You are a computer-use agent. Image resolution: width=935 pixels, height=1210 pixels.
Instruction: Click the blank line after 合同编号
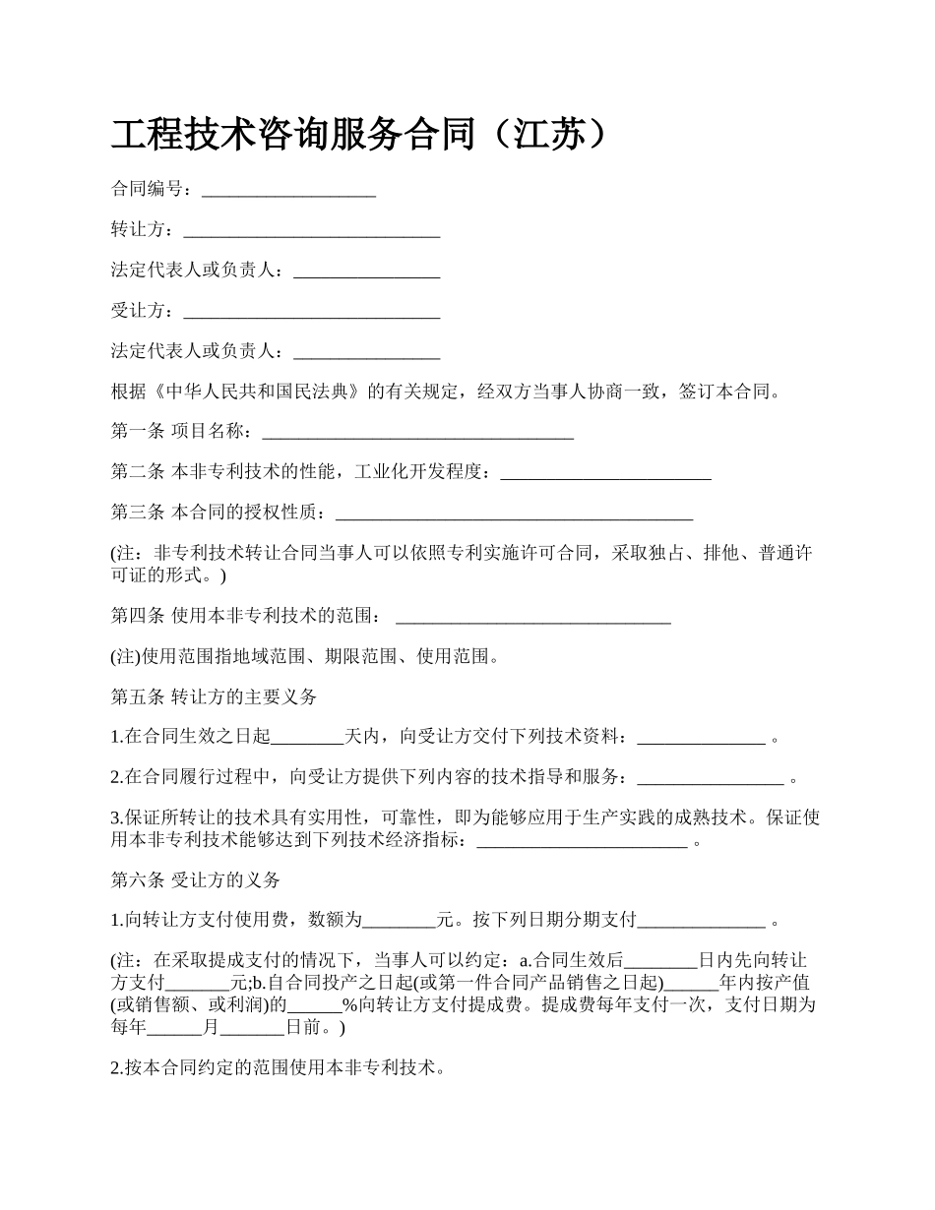(x=288, y=190)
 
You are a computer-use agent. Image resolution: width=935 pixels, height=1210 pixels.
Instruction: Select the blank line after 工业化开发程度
(x=605, y=473)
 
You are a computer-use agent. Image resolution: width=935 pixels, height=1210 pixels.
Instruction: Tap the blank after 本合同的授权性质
(x=514, y=514)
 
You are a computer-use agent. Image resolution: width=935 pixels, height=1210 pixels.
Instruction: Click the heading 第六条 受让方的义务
(x=196, y=879)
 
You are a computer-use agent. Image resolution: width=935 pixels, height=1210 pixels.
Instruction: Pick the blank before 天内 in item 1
(x=306, y=737)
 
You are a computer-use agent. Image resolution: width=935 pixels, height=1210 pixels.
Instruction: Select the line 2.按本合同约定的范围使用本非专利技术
(x=279, y=1067)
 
